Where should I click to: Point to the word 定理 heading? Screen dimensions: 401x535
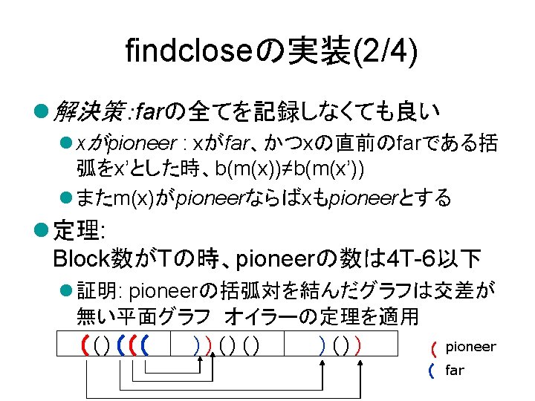tap(75, 231)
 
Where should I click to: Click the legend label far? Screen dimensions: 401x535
tap(454, 370)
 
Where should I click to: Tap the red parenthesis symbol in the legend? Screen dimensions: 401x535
tap(432, 348)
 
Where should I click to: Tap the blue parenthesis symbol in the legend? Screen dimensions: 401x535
tap(432, 371)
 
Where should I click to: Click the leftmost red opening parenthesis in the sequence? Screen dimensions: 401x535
tap(87, 345)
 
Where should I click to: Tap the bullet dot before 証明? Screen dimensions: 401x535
tap(65, 290)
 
